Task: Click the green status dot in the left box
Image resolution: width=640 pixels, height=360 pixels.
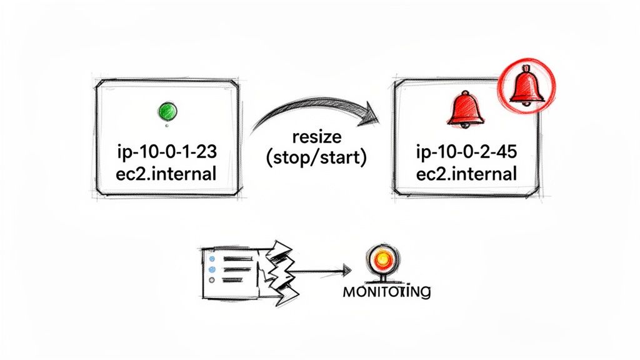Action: (x=166, y=112)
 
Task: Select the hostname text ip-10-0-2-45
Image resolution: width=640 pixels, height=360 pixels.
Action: (x=467, y=151)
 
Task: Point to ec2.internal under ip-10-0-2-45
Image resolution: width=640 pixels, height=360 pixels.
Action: (x=467, y=173)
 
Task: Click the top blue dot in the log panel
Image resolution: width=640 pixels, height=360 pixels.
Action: (x=211, y=258)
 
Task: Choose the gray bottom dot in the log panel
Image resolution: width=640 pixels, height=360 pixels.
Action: (x=211, y=281)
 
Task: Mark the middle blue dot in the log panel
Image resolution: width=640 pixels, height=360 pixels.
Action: (x=211, y=269)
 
